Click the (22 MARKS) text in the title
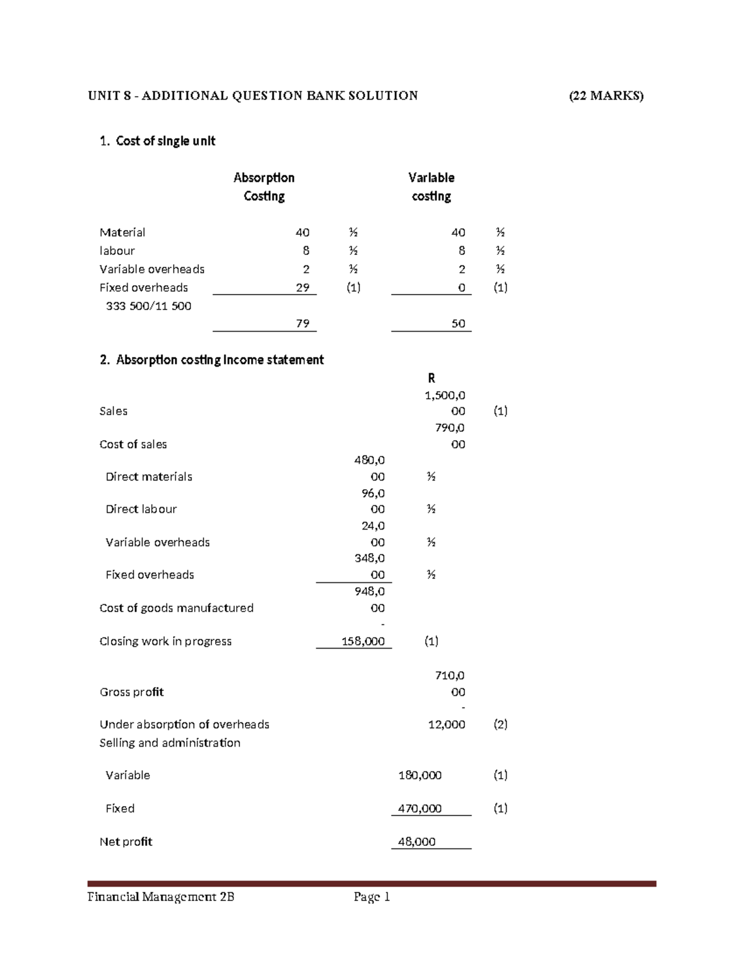click(x=606, y=95)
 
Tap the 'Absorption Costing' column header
click(x=264, y=187)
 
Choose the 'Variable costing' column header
click(x=432, y=187)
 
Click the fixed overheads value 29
click(x=303, y=288)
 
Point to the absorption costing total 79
click(x=303, y=324)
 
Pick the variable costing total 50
click(x=458, y=324)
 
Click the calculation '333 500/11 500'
click(x=149, y=306)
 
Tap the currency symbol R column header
click(x=432, y=378)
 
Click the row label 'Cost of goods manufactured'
click(x=177, y=608)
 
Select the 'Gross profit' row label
click(x=131, y=692)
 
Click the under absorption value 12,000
click(x=446, y=724)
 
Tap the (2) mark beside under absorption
click(x=500, y=724)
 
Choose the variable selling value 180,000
click(x=420, y=775)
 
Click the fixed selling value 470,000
click(x=420, y=809)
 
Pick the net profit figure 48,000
click(x=417, y=841)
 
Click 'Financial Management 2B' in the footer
click(x=161, y=897)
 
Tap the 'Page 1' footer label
click(x=372, y=897)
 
